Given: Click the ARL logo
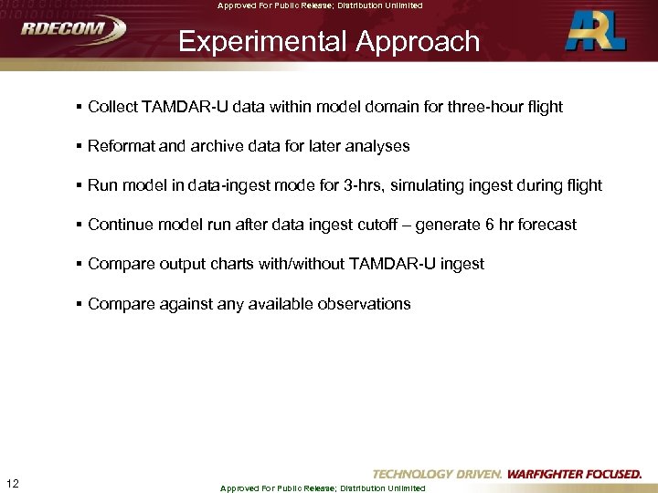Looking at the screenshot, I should pyautogui.click(x=596, y=31).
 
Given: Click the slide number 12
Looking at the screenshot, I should pyautogui.click(x=13, y=483).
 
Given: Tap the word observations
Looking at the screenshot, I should pyautogui.click(x=363, y=304).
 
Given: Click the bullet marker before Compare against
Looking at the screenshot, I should pyautogui.click(x=80, y=304).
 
